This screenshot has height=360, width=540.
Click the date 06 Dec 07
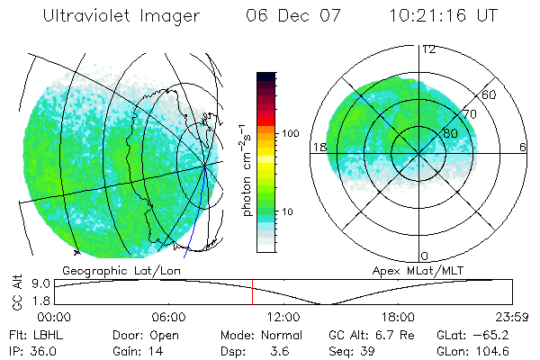coord(290,15)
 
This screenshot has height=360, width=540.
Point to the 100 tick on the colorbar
coord(291,133)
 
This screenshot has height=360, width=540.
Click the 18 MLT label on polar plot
coord(318,147)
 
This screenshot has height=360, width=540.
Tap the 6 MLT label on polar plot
coord(523,147)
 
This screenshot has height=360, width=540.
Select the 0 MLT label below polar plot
coord(425,256)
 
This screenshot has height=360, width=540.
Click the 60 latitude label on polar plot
coord(490,94)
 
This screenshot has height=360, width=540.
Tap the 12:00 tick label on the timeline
coord(283,317)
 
